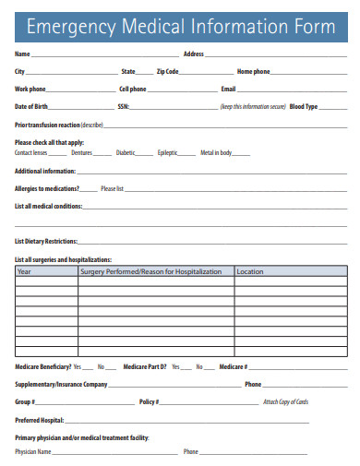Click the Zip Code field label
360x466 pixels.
[167, 71]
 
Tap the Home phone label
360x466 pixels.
[254, 71]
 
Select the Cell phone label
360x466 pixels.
[132, 89]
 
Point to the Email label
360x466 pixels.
[228, 89]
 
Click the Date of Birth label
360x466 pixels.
[31, 106]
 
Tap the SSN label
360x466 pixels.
[124, 106]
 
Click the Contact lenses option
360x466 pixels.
[31, 152]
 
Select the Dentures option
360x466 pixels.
[82, 152]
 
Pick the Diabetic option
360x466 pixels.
[126, 152]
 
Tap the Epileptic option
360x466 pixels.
[168, 152]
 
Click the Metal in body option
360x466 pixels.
[216, 152]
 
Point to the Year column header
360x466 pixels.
[25, 272]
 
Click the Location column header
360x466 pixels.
[250, 272]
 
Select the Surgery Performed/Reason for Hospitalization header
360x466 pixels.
[151, 272]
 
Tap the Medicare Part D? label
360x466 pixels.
[144, 366]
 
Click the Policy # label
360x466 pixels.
[149, 401]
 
